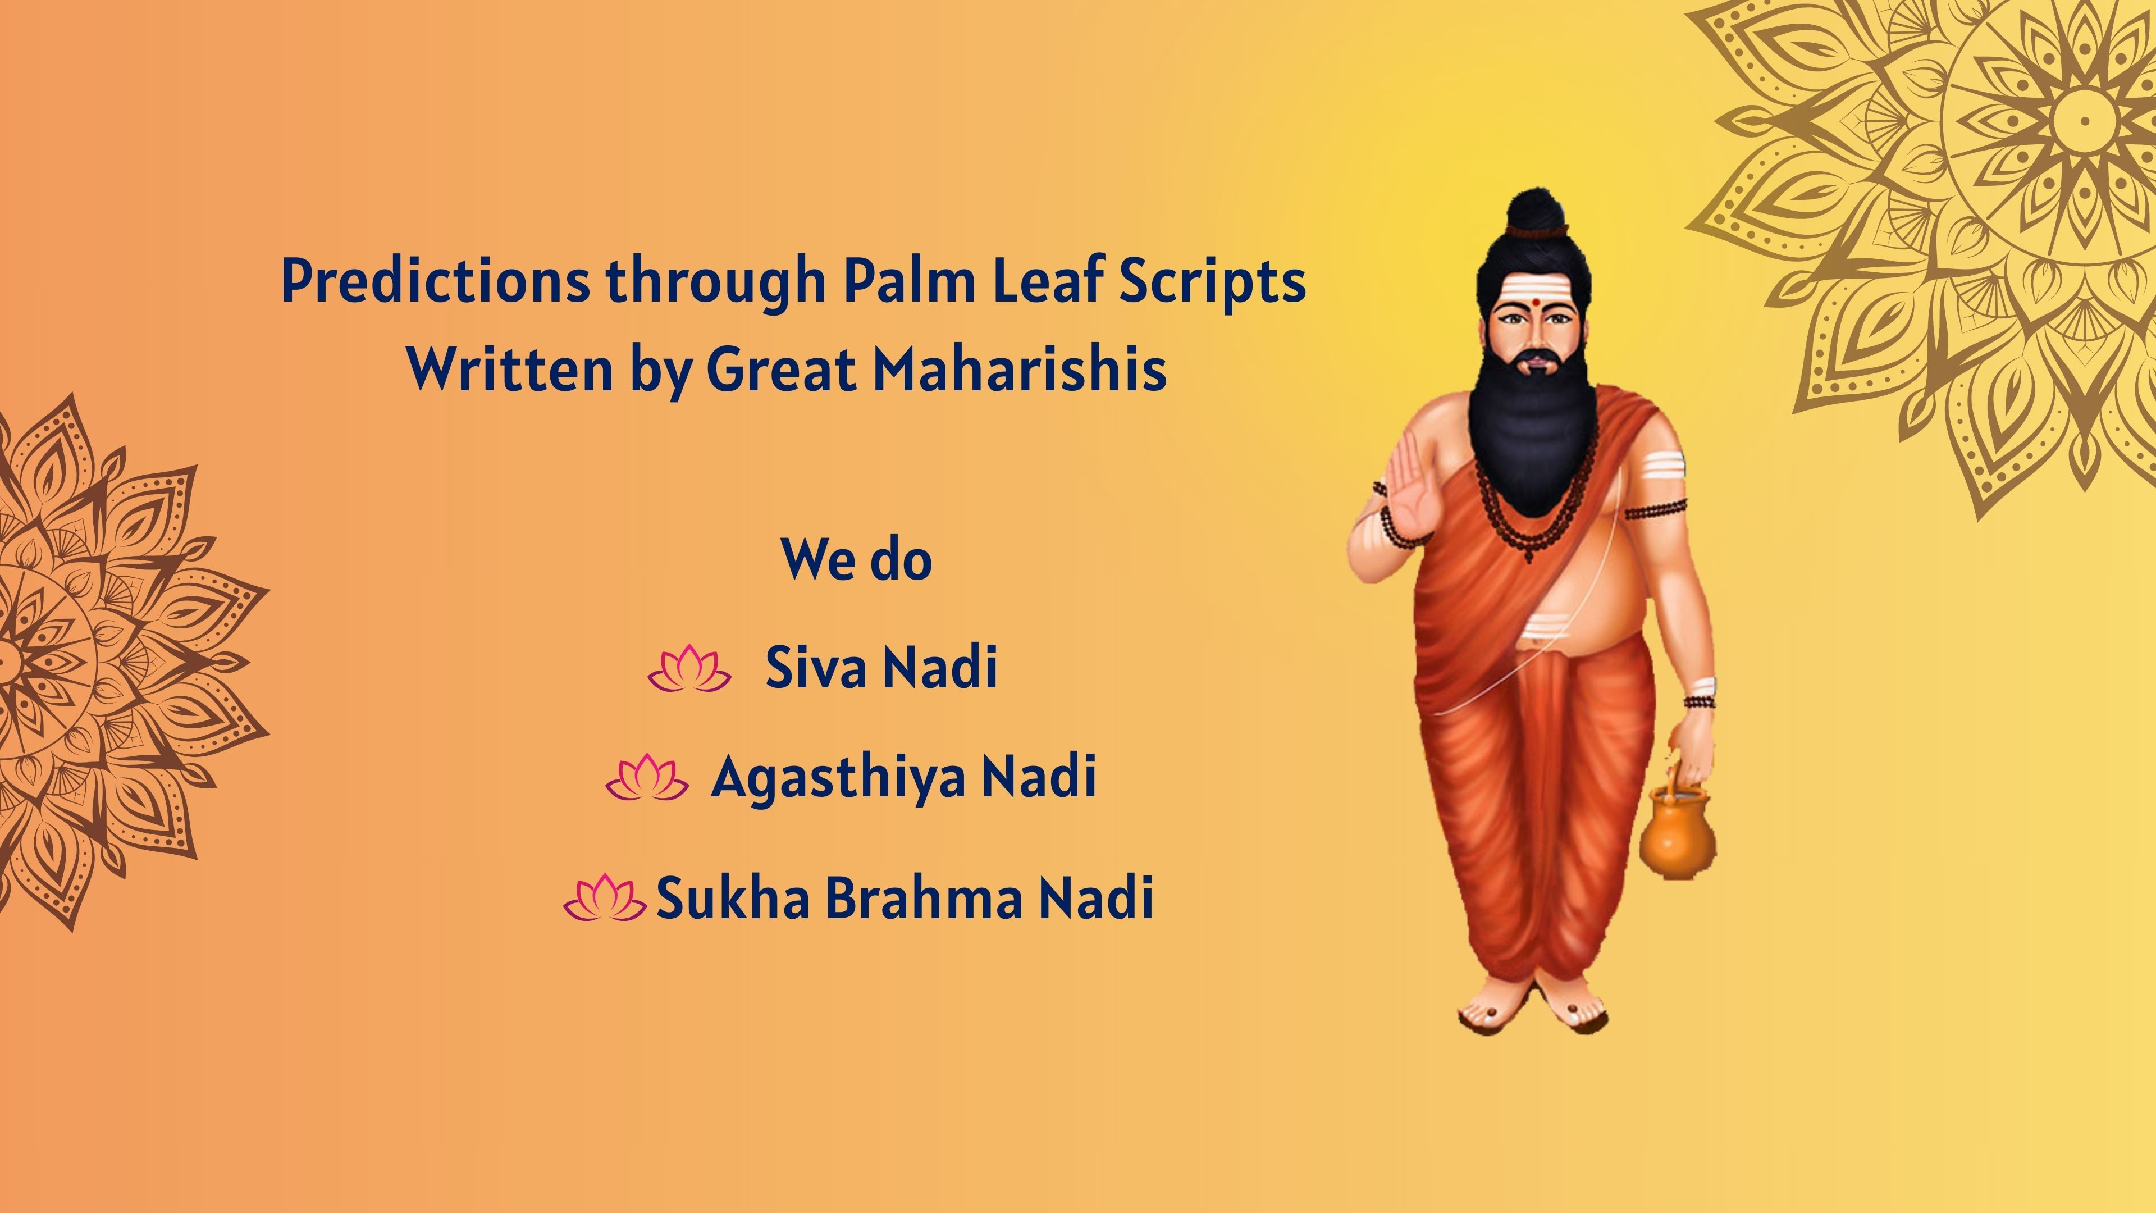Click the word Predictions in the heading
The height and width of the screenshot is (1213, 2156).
click(435, 281)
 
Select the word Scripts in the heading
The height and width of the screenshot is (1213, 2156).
click(1212, 281)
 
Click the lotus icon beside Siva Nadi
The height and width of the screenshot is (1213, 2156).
click(689, 669)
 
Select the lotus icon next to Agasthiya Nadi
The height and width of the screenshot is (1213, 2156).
click(647, 778)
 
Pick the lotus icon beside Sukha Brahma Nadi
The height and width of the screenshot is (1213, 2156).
click(604, 899)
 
